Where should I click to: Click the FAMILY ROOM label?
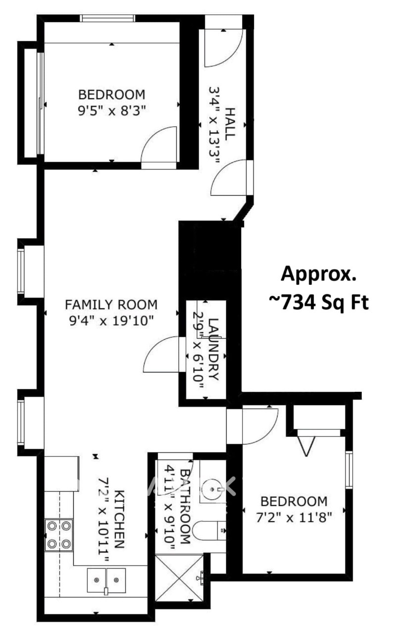[111, 305]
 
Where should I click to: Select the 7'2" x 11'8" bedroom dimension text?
[294, 517]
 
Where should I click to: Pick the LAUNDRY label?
[213, 349]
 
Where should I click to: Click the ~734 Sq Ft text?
[319, 303]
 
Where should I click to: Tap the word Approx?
[318, 274]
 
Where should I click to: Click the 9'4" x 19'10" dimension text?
[111, 320]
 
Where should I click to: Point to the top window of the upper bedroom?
[107, 18]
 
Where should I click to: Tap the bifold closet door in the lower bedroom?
[306, 446]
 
